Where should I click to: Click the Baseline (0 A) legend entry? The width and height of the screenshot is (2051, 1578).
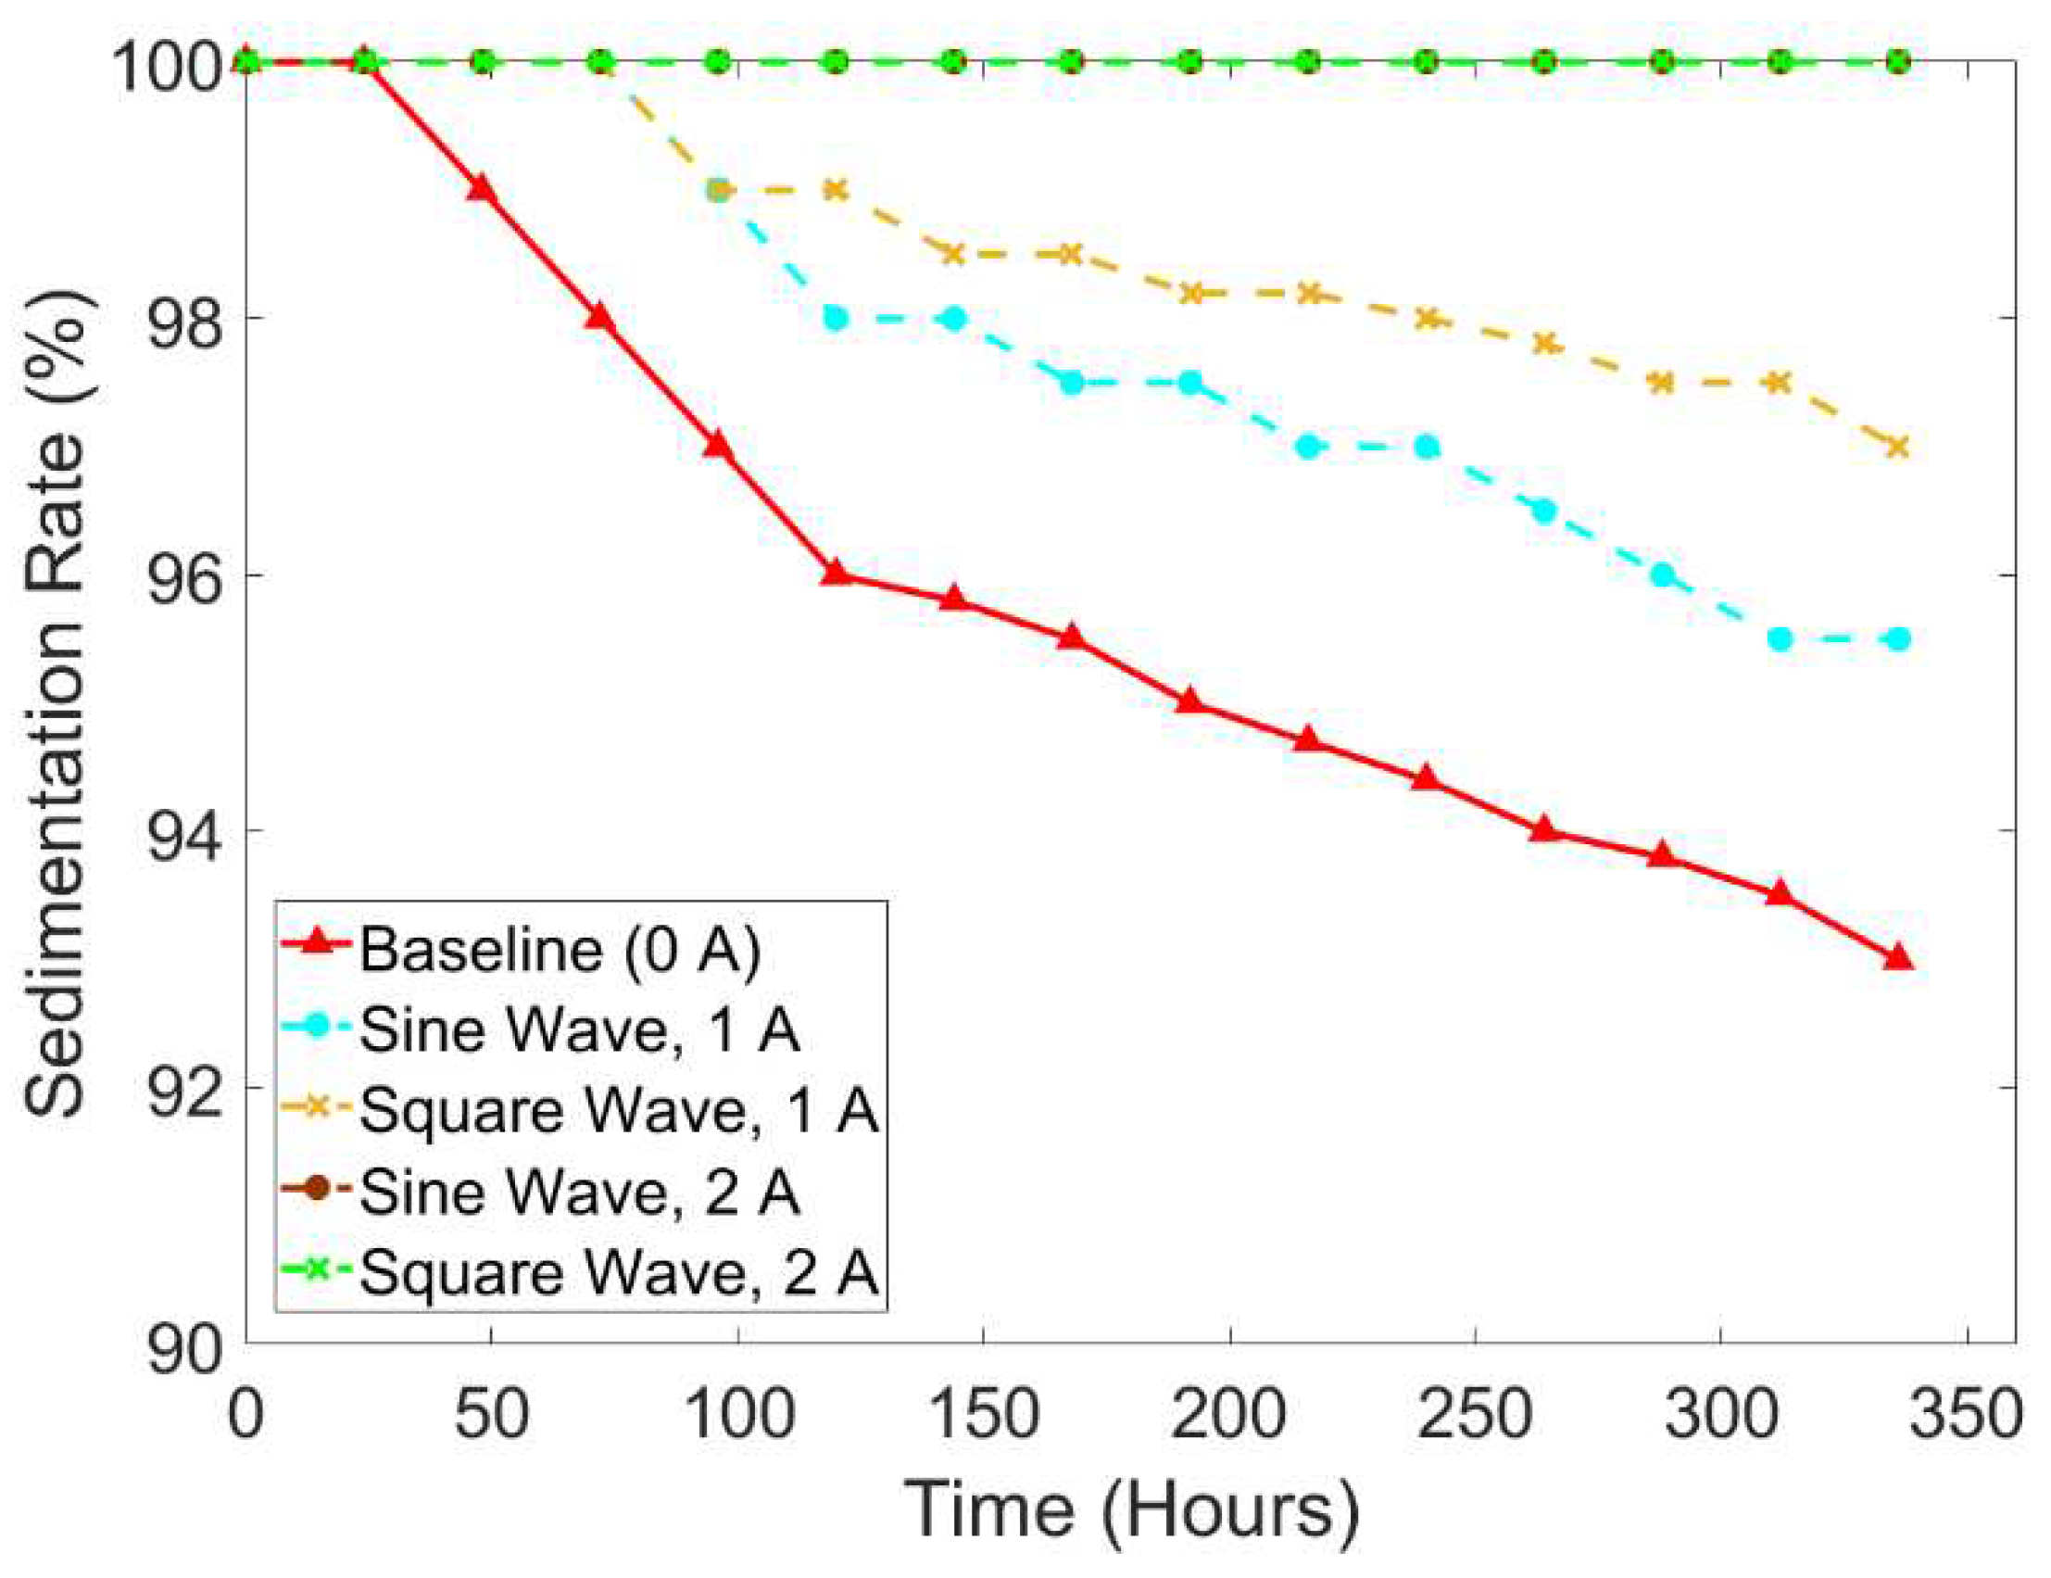(559, 949)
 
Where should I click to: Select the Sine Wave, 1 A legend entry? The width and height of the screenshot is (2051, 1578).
(578, 1030)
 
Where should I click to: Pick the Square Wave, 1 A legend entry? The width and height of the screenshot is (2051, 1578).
(618, 1111)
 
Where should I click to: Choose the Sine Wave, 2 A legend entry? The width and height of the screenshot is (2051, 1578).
(578, 1192)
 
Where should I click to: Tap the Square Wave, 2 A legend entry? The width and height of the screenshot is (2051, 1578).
(618, 1273)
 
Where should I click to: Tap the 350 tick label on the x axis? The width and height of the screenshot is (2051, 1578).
(1966, 1415)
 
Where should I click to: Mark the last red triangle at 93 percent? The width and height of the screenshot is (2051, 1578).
(1898, 958)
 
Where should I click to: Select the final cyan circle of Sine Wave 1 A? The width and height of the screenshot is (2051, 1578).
(1898, 638)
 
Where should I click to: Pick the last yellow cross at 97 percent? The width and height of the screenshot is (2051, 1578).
(1898, 448)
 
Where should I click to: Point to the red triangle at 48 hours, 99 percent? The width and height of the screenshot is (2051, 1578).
(482, 188)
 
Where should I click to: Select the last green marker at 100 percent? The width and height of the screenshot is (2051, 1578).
(1898, 62)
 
